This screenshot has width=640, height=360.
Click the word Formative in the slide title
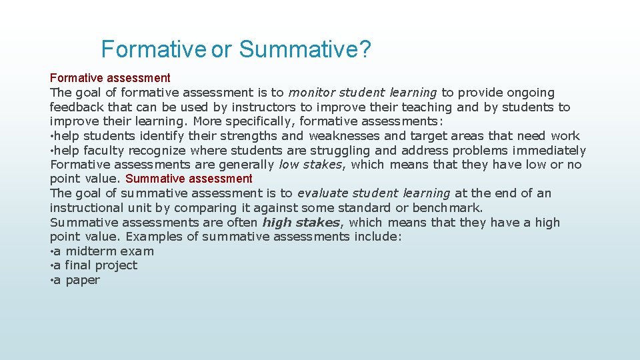click(x=153, y=49)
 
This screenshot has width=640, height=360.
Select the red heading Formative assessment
click(x=110, y=78)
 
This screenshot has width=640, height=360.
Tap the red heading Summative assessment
click(x=189, y=179)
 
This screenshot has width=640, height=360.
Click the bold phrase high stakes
click(x=301, y=223)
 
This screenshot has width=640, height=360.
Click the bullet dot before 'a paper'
click(x=51, y=281)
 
